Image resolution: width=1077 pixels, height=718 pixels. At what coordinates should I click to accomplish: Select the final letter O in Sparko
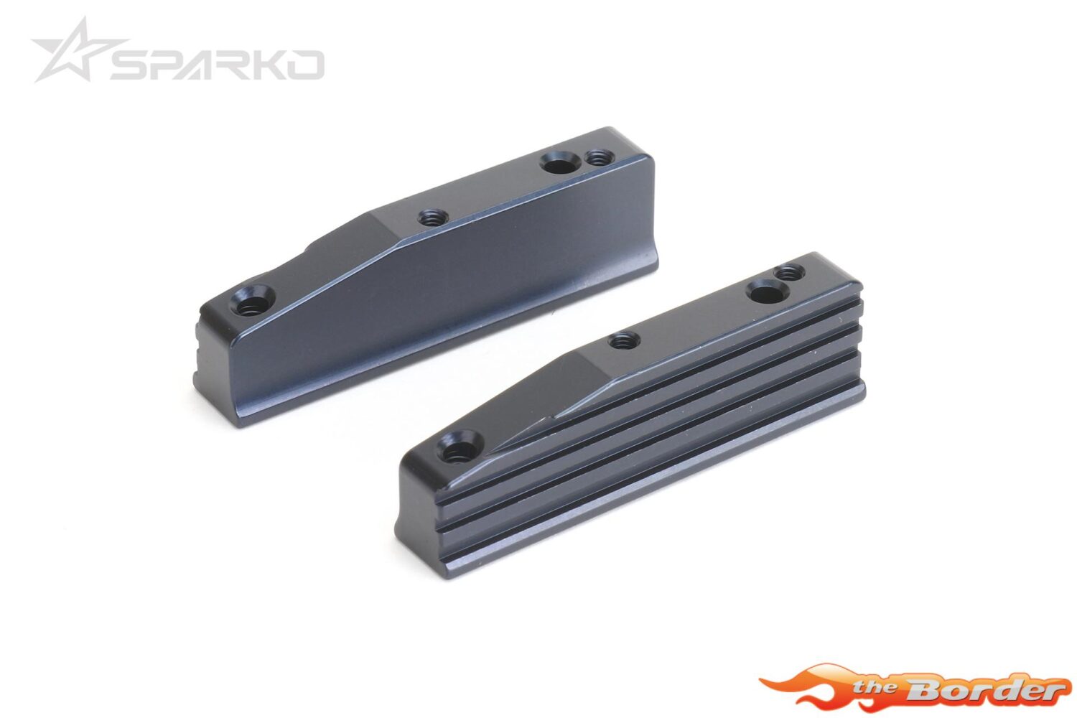pos(304,65)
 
